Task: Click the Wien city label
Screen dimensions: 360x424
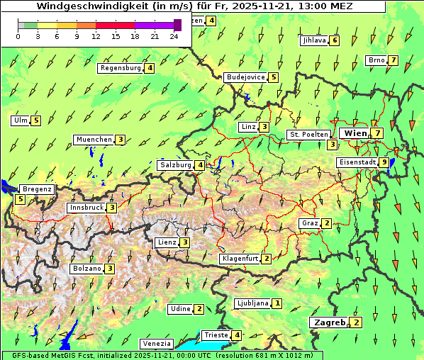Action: [355, 133]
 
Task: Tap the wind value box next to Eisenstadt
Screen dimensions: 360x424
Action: [384, 162]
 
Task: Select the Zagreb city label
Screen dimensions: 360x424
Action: [330, 322]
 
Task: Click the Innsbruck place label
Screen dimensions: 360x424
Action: [86, 208]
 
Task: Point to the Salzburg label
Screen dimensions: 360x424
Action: [176, 165]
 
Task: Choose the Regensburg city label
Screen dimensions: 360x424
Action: [121, 68]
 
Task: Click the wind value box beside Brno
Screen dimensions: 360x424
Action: [393, 60]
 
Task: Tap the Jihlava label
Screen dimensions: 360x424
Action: [314, 40]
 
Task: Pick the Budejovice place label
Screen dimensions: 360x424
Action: [245, 77]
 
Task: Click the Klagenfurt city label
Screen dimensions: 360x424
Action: [240, 259]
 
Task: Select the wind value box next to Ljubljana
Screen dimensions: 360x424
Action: [277, 303]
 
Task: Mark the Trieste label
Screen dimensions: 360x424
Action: [216, 335]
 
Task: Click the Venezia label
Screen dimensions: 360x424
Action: [156, 344]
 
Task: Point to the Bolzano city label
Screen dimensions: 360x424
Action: [87, 269]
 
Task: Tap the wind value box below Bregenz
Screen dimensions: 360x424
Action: [20, 199]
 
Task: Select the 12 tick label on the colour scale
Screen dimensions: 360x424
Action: [96, 36]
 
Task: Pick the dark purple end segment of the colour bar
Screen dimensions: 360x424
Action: [177, 25]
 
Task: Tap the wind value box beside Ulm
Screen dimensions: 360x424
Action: [36, 120]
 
